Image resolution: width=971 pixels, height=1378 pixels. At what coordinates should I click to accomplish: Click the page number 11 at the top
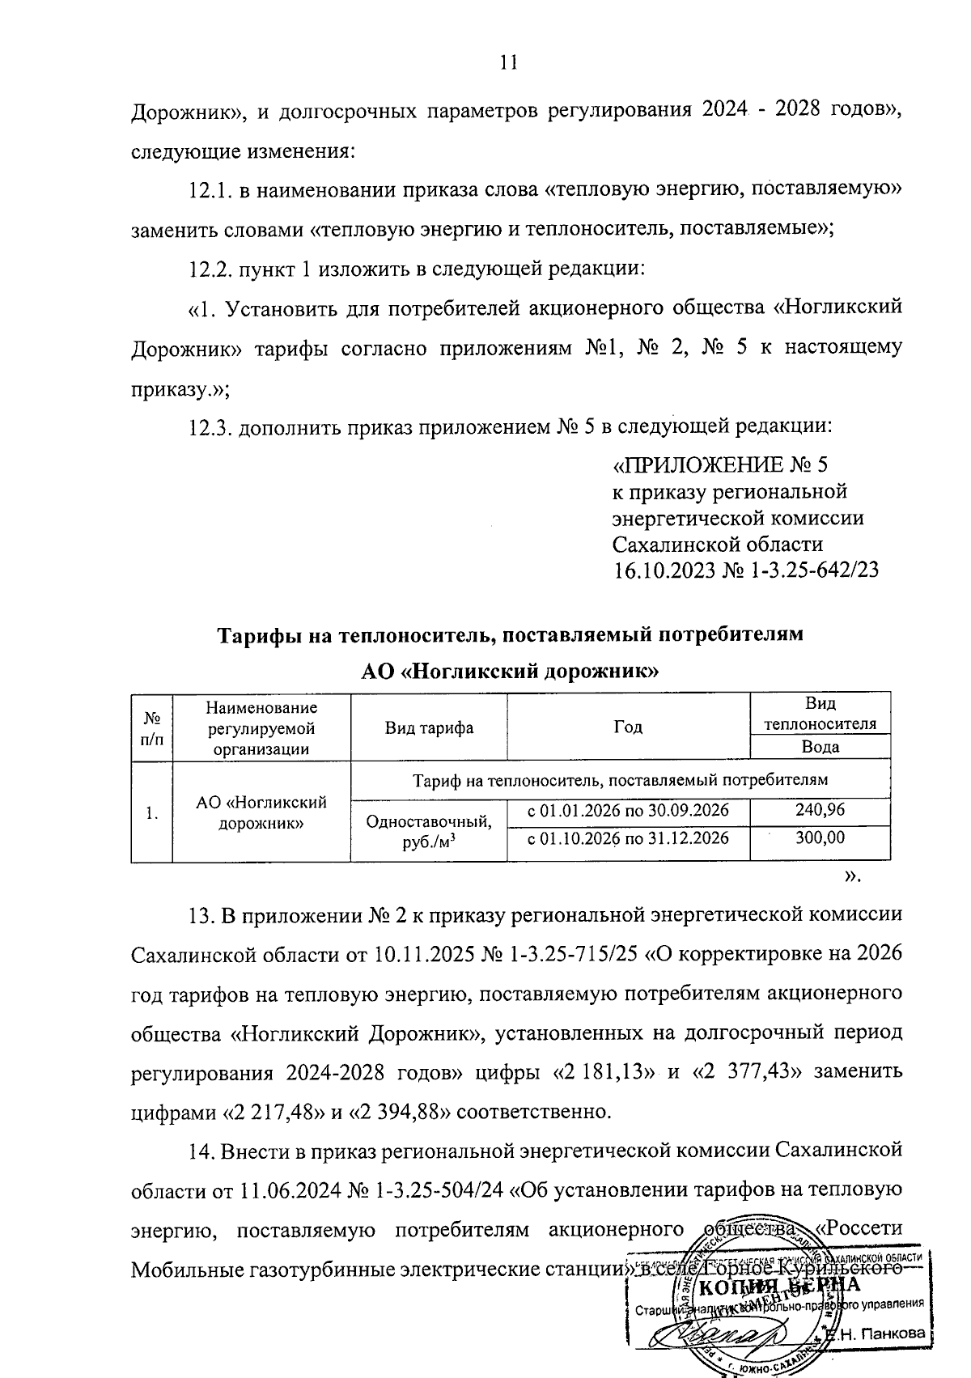[508, 64]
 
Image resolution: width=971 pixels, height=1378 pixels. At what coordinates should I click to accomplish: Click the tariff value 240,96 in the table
[820, 810]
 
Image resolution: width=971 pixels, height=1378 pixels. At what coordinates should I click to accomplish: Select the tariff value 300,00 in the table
[820, 837]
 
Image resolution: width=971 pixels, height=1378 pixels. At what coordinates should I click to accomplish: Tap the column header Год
[628, 727]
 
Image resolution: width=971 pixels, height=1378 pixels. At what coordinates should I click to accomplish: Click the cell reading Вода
[820, 747]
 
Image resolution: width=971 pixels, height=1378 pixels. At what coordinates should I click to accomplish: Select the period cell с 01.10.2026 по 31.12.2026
[628, 837]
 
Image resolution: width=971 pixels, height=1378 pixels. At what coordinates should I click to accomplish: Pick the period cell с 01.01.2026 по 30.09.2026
[628, 810]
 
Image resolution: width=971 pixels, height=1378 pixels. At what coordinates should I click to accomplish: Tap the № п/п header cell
[152, 727]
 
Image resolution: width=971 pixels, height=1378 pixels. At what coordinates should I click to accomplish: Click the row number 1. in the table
[152, 813]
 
